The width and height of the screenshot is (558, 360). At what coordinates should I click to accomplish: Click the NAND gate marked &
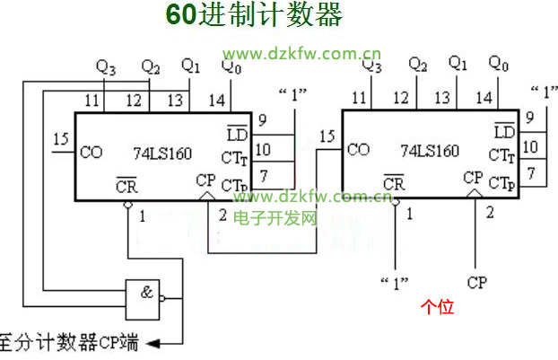click(x=144, y=297)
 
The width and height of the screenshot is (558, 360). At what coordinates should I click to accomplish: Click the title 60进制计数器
click(x=254, y=17)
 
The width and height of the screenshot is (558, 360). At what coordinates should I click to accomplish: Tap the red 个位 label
click(x=438, y=307)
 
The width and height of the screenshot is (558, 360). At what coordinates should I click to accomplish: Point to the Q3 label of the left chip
click(x=106, y=66)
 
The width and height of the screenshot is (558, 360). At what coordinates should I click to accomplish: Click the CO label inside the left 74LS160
click(x=92, y=152)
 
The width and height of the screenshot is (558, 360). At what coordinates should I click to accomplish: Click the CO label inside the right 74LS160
click(x=359, y=150)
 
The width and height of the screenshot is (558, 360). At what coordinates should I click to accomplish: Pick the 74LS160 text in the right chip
click(x=430, y=151)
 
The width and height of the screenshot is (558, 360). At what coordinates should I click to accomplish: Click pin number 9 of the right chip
click(x=530, y=118)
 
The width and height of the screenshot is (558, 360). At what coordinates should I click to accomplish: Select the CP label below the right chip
click(x=477, y=283)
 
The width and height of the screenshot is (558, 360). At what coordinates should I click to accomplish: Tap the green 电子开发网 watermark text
click(x=275, y=218)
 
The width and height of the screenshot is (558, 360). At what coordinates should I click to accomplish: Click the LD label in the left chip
click(x=237, y=133)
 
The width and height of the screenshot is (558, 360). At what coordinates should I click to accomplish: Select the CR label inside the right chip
click(x=393, y=183)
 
